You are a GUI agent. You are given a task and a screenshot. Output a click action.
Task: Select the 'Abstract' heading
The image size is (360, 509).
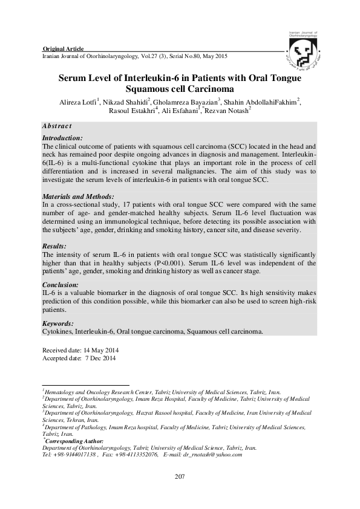[x=57, y=126]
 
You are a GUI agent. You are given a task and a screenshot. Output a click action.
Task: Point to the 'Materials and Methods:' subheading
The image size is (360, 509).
[x=78, y=197]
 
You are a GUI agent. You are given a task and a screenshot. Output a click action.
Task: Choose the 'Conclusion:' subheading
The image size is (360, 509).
[x=61, y=284]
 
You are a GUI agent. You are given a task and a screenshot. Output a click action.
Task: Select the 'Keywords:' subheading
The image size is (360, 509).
[x=59, y=324]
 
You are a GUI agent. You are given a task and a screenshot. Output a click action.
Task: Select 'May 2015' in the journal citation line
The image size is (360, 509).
[x=212, y=56]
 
